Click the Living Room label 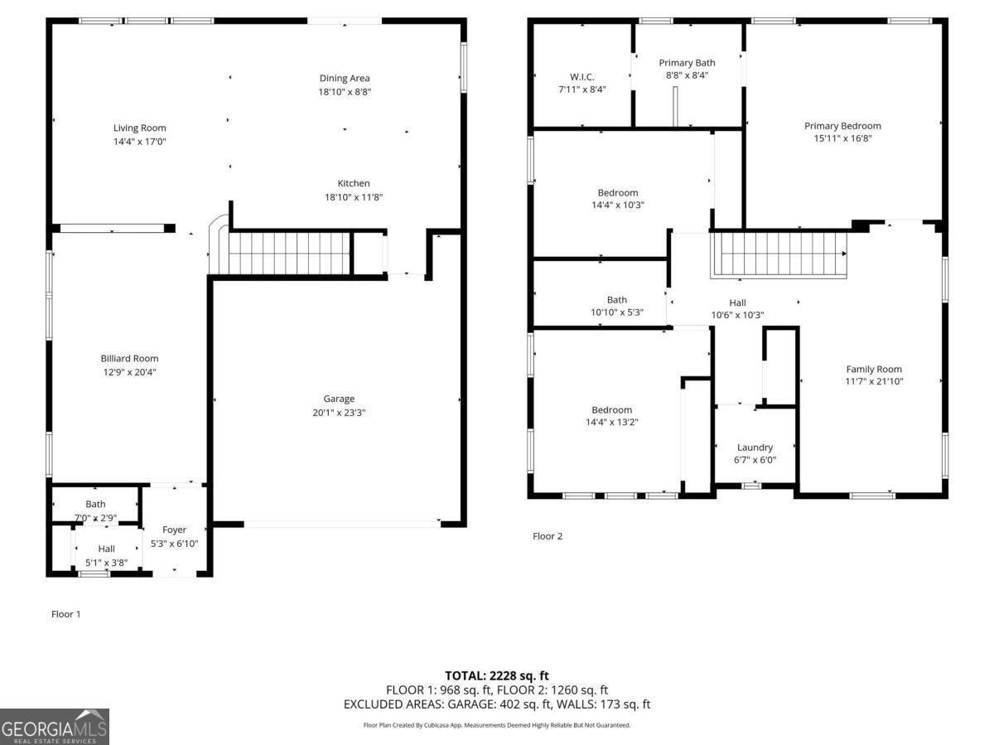click(x=139, y=128)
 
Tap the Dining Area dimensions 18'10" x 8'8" click(x=345, y=92)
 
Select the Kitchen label click(x=353, y=183)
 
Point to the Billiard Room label click(x=129, y=358)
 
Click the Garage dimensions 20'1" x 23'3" click(x=339, y=412)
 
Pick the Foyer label click(x=174, y=530)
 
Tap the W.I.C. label click(x=582, y=76)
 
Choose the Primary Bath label click(x=687, y=62)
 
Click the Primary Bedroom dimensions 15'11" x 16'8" click(x=842, y=138)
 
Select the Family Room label click(x=874, y=369)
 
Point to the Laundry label click(x=755, y=447)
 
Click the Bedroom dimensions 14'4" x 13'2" click(x=611, y=422)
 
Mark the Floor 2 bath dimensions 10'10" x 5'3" click(x=616, y=312)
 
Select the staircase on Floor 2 click(x=779, y=254)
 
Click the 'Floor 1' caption click(x=66, y=614)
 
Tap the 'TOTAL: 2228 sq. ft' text click(x=497, y=676)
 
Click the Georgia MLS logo click(x=55, y=727)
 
